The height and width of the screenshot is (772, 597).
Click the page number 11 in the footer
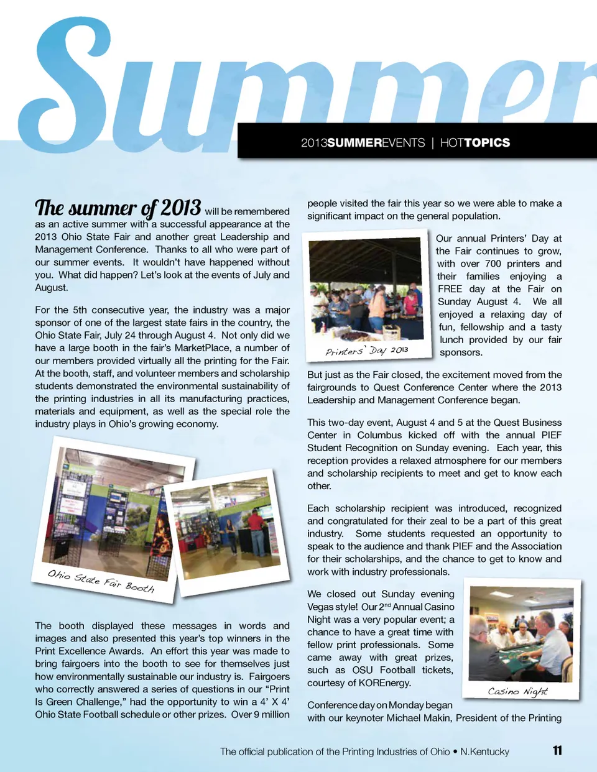coord(557,750)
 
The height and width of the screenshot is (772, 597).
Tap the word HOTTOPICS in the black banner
coord(475,143)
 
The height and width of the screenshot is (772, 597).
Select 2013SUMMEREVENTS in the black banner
coord(363,143)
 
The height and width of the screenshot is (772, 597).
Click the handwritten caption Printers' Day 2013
coord(367,351)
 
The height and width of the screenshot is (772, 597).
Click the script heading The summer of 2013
coord(118,208)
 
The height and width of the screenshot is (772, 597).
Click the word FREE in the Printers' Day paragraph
coord(450,289)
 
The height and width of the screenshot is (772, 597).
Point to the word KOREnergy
coord(385,682)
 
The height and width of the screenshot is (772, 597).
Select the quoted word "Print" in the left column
coord(279,689)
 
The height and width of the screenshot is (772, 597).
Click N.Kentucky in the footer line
coord(484,751)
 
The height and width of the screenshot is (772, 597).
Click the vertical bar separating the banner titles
coord(433,143)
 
